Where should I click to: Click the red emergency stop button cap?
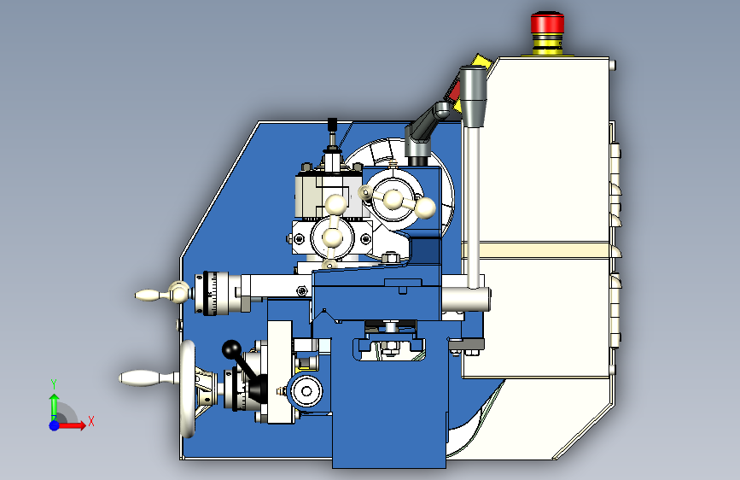(x=547, y=22)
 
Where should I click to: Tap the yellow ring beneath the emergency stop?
(x=547, y=46)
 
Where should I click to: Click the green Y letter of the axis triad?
(x=54, y=383)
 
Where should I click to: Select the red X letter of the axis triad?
(x=91, y=421)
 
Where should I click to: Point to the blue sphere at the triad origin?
(x=55, y=425)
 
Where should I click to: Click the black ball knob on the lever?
(x=231, y=349)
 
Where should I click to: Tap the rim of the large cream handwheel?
(x=188, y=389)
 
